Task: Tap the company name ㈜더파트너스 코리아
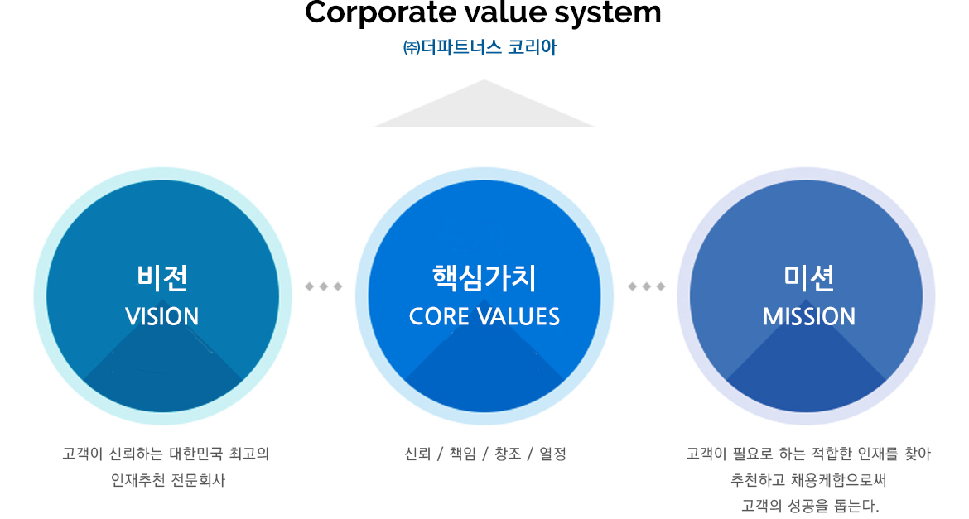(480, 47)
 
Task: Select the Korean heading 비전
(162, 277)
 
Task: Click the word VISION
(162, 317)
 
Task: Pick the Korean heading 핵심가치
(485, 277)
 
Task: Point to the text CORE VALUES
(485, 317)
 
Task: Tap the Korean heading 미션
(809, 277)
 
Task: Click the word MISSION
(809, 317)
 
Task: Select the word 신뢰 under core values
(417, 454)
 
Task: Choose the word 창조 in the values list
(508, 454)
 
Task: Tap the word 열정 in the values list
(552, 454)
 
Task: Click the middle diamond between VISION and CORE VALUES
(324, 286)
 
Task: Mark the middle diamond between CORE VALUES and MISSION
(646, 286)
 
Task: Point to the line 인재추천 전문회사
(168, 480)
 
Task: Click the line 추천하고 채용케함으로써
(808, 480)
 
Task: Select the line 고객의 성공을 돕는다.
(809, 507)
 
